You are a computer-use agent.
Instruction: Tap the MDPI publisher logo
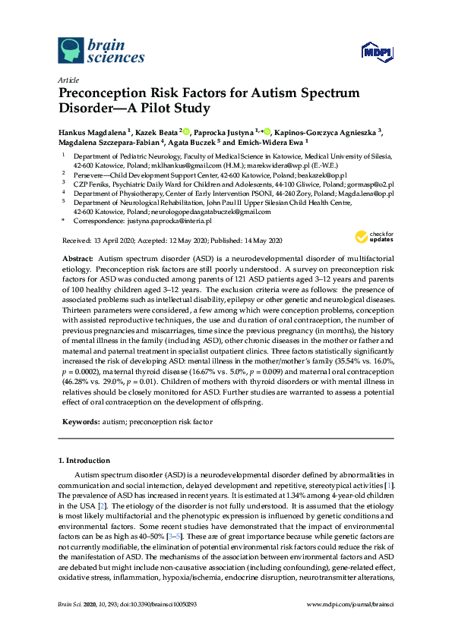[x=378, y=52]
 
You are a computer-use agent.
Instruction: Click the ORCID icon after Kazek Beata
[x=186, y=131]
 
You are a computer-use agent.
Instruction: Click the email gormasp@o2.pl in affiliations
[x=370, y=184]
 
